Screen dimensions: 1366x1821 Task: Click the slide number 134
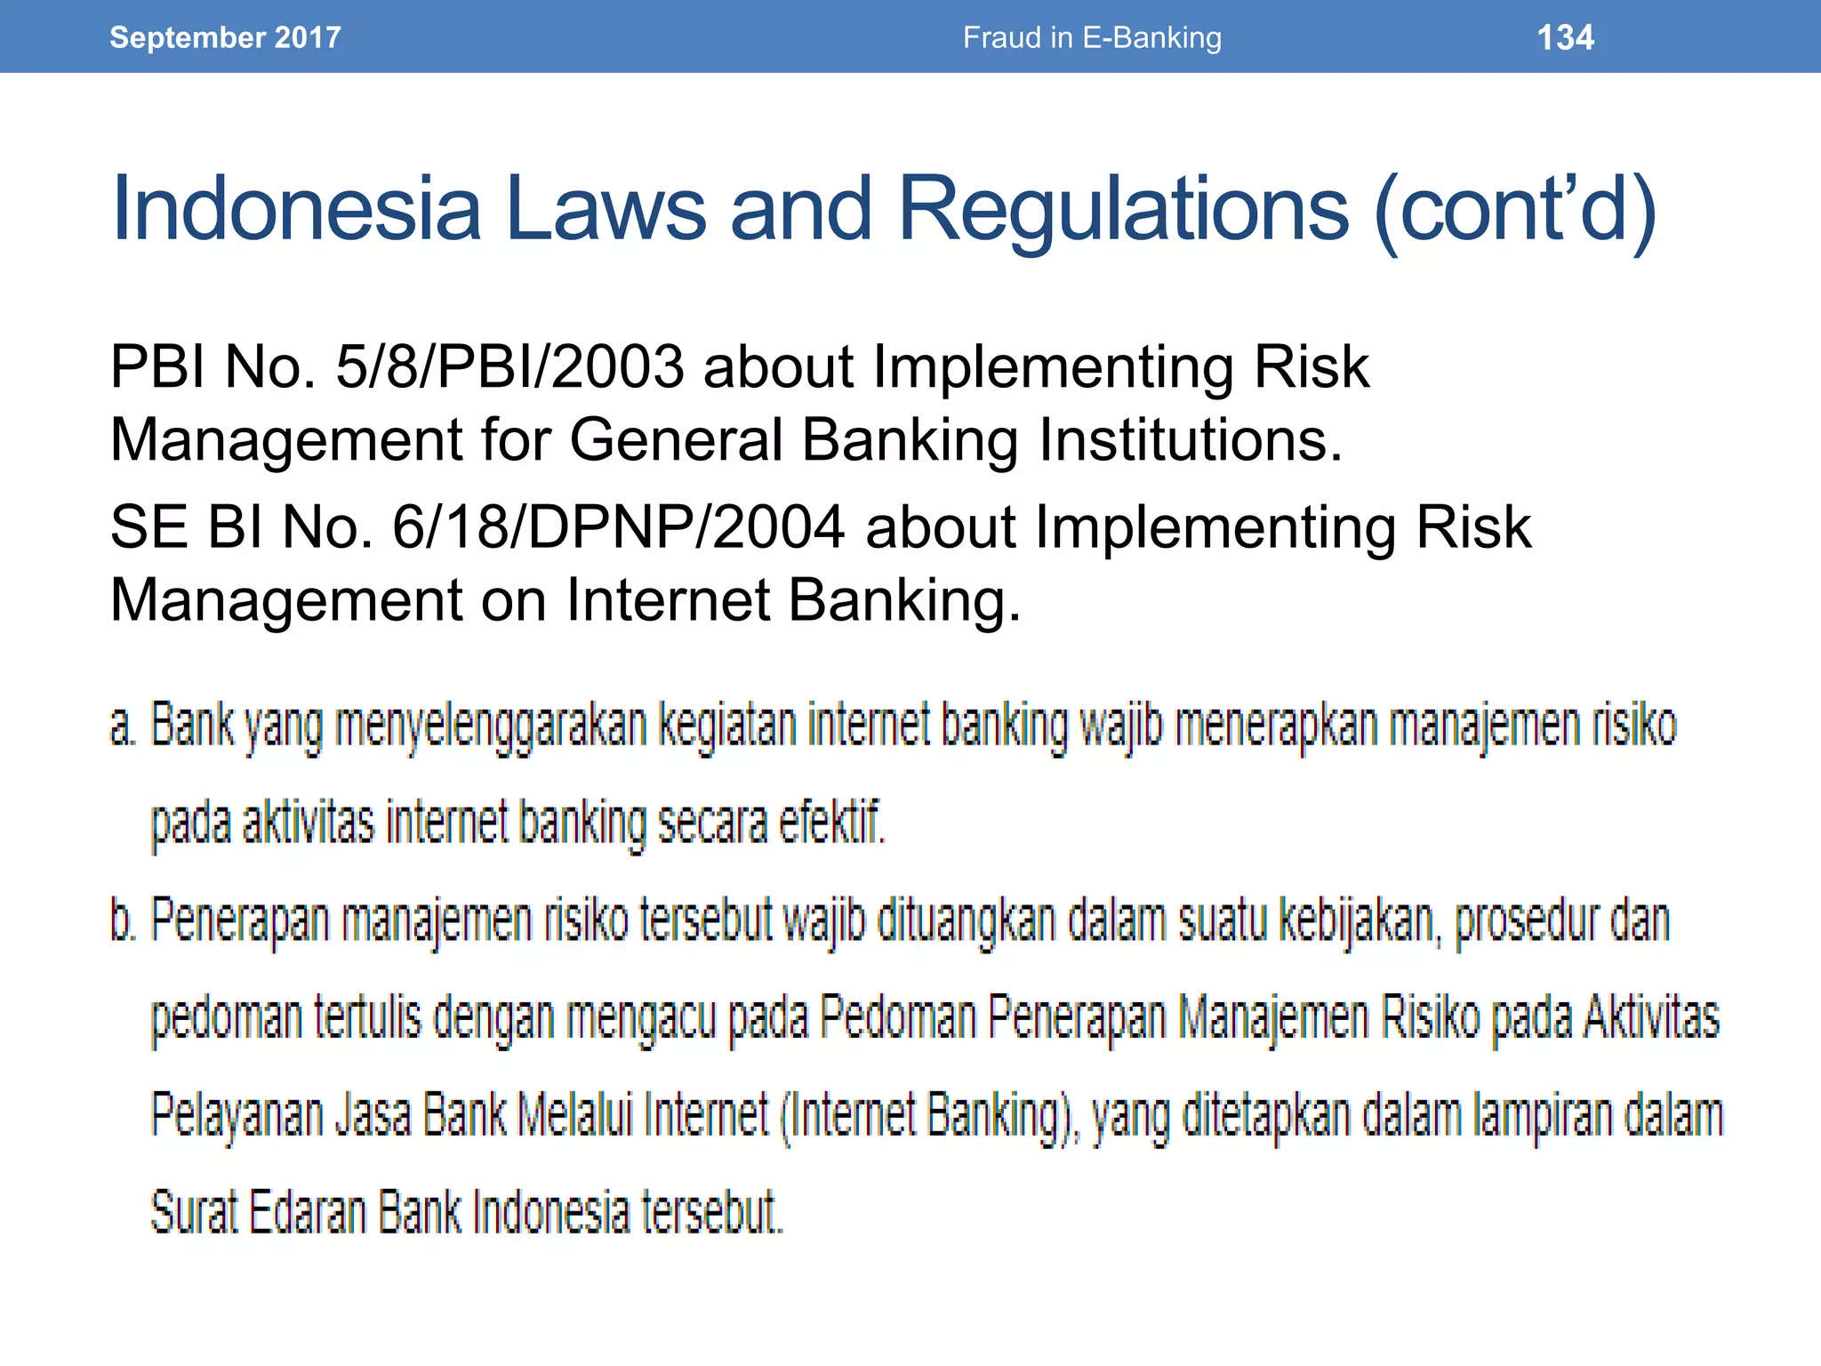point(1565,37)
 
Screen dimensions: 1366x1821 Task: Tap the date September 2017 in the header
point(225,37)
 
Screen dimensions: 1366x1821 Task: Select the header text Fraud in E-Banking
point(1092,37)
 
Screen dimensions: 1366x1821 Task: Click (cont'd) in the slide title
point(1514,210)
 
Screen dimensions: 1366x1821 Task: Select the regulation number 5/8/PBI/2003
point(509,366)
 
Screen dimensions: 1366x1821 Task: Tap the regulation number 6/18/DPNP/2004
point(618,526)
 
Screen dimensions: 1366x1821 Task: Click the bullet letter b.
point(123,920)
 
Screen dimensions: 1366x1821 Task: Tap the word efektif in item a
point(831,823)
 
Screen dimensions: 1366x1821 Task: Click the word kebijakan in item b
point(1357,920)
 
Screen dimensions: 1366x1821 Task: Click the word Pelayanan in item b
point(237,1116)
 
